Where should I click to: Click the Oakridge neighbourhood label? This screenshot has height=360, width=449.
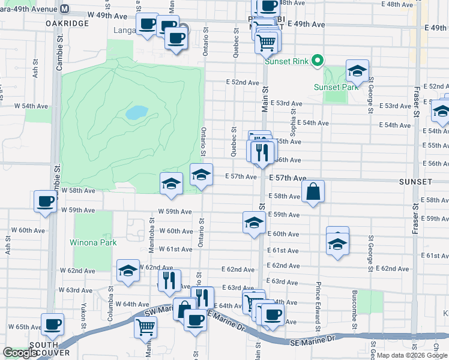[67, 23]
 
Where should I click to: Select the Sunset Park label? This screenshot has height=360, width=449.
[336, 86]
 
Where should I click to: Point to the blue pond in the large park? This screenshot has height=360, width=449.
[137, 112]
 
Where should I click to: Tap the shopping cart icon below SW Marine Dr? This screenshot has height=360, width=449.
[146, 328]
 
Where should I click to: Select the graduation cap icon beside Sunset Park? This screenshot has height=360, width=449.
[357, 71]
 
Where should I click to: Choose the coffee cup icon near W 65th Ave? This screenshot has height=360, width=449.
[52, 325]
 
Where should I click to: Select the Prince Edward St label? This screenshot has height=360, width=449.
[319, 300]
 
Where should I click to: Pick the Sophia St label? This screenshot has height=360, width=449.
[294, 115]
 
